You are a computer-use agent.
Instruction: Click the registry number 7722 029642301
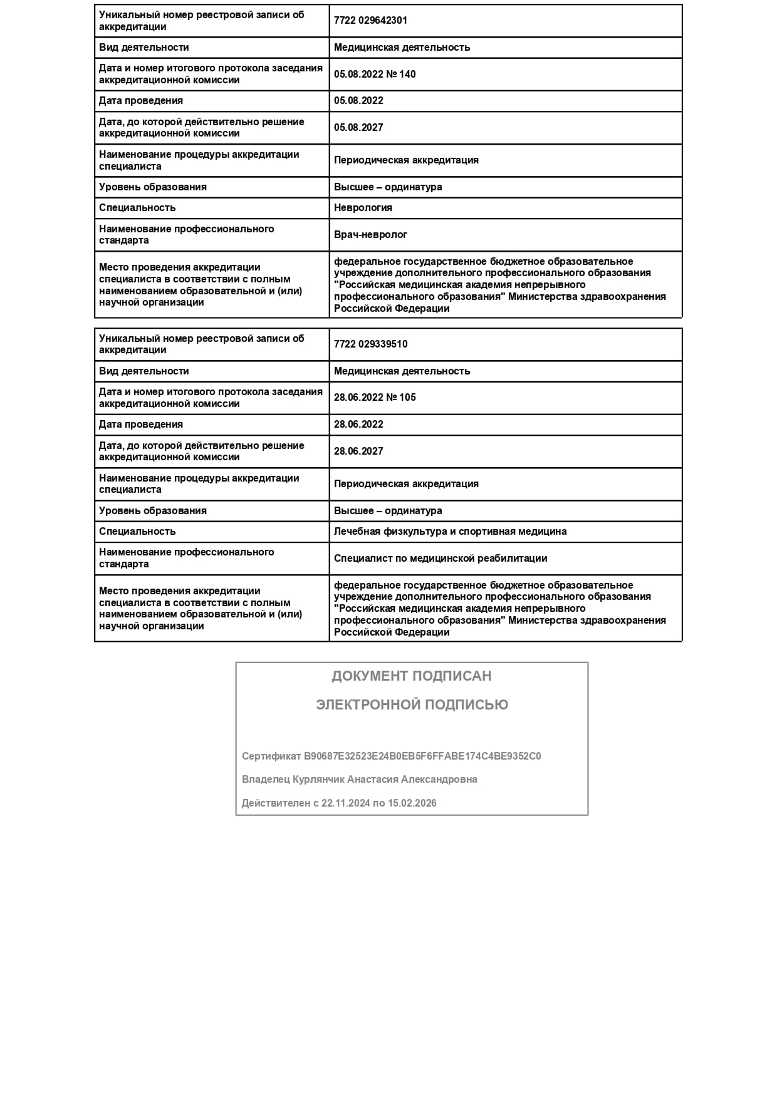tap(370, 21)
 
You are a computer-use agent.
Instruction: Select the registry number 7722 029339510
tap(370, 344)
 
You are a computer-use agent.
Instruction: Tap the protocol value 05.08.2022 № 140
tap(375, 74)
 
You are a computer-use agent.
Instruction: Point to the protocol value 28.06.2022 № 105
tap(375, 398)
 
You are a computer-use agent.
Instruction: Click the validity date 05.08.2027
tap(358, 128)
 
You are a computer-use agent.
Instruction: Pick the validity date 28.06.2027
tap(358, 451)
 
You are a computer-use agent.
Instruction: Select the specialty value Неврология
tap(363, 208)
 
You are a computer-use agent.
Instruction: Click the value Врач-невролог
tap(370, 235)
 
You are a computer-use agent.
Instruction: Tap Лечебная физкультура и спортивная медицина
tap(450, 532)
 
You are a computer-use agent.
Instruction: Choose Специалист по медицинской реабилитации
tap(441, 559)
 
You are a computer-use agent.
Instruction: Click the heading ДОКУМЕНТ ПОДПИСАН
tap(412, 676)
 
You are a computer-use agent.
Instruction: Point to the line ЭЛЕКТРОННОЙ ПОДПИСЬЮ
tap(412, 705)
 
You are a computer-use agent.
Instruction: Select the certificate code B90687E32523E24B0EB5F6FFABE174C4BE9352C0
tap(422, 756)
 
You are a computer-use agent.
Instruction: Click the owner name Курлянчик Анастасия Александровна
tap(385, 780)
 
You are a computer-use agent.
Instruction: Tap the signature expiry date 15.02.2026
tap(412, 803)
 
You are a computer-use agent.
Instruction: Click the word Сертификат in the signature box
tap(271, 756)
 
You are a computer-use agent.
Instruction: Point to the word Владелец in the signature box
tap(266, 780)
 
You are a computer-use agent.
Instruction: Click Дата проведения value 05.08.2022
tap(358, 101)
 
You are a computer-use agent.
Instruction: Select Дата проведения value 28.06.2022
tap(358, 425)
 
